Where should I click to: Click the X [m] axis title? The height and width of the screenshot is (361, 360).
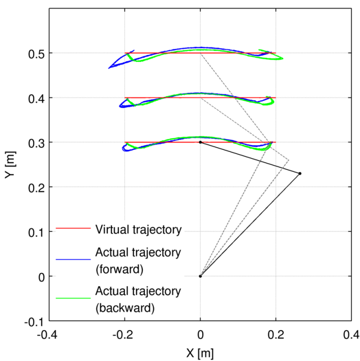click(x=200, y=352)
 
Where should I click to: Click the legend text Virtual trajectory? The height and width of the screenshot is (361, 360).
click(x=139, y=230)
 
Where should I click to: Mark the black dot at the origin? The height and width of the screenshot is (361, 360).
click(x=200, y=276)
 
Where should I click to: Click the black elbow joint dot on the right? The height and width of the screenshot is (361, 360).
click(x=300, y=173)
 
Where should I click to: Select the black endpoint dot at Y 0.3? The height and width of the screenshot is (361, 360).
click(x=200, y=142)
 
